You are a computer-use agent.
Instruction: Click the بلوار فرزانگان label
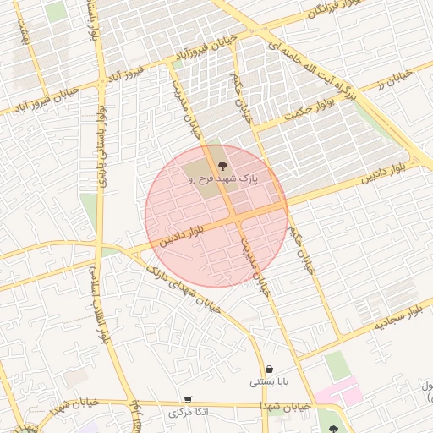click(x=291, y=17)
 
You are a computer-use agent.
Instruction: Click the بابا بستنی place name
click(x=269, y=382)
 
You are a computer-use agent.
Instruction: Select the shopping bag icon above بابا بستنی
click(x=269, y=369)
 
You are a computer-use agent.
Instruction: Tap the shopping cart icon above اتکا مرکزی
click(x=187, y=399)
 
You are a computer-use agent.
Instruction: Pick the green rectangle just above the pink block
click(x=337, y=364)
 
